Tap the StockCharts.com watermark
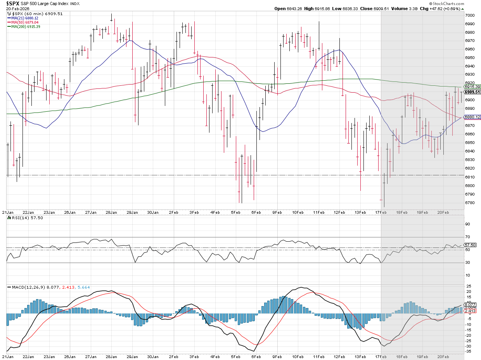pyautogui.click(x=464, y=3)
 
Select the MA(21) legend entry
pyautogui.click(x=29, y=18)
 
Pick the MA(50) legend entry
pyautogui.click(x=29, y=22)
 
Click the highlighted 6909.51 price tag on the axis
pyautogui.click(x=473, y=92)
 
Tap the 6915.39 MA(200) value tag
pyautogui.click(x=473, y=87)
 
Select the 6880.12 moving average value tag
pyautogui.click(x=473, y=117)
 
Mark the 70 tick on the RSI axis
pyautogui.click(x=467, y=237)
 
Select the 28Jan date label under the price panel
pyautogui.click(x=111, y=212)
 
